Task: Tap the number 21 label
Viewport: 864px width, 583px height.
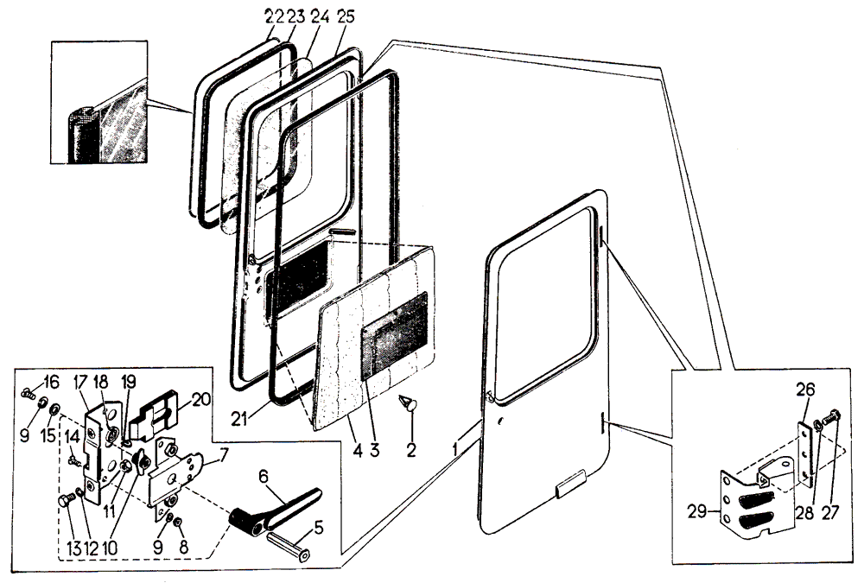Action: point(241,418)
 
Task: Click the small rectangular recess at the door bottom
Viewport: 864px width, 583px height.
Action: point(569,488)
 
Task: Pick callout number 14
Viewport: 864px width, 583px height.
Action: point(71,435)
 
